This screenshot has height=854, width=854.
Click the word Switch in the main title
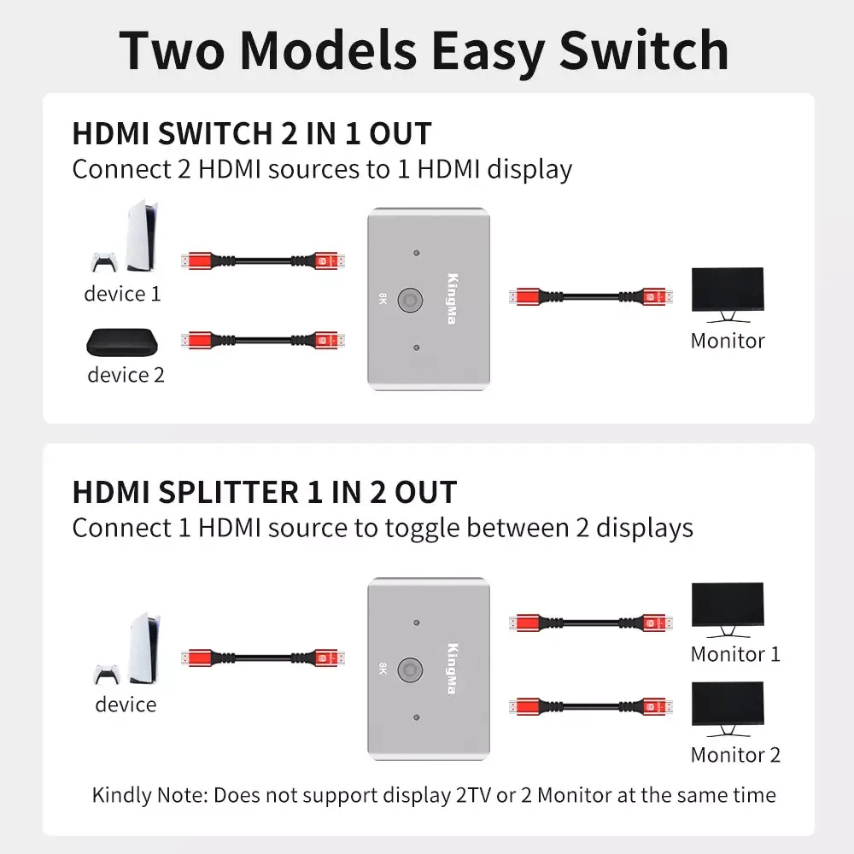644,50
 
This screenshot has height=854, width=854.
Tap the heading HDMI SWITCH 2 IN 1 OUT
252,133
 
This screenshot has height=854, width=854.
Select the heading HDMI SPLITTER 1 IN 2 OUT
265,493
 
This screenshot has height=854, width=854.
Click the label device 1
122,294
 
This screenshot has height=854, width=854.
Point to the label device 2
126,375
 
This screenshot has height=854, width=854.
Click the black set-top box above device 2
122,342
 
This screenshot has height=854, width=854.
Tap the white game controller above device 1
104,262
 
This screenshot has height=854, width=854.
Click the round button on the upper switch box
410,300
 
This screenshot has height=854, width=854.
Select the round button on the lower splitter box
410,670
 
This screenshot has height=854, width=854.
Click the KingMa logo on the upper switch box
452,299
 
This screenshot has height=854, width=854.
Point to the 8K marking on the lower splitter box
383,669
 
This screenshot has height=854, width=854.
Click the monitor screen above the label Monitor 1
728,605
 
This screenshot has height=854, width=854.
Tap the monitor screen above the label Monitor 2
728,704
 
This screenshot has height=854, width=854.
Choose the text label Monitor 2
735,755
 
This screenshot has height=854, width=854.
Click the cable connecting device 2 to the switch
262,341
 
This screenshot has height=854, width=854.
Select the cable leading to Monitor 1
591,623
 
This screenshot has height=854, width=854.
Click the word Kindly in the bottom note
122,795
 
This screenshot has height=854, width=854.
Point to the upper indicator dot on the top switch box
417,254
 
